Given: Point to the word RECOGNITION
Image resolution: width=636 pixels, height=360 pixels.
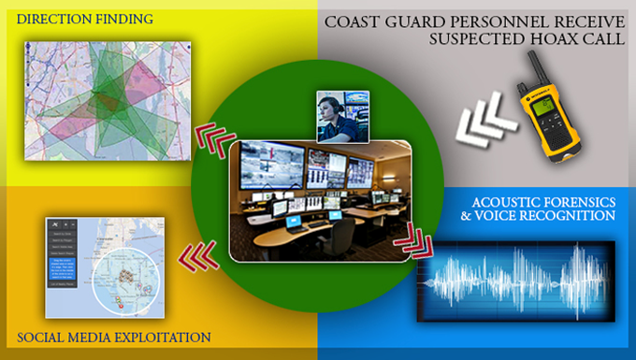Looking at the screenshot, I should coord(571,217).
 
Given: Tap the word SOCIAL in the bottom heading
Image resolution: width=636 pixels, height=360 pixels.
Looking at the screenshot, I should coord(44,337).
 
